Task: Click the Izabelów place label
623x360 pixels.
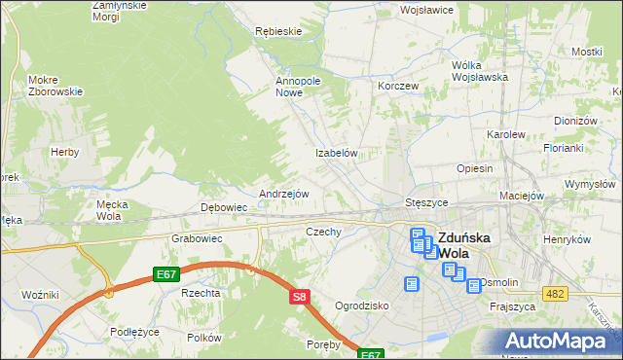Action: click(338, 154)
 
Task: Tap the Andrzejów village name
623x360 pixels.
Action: click(283, 194)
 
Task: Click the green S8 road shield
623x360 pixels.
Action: click(300, 296)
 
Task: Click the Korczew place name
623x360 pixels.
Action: click(398, 86)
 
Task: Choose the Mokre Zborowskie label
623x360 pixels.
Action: click(55, 85)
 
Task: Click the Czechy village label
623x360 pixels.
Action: click(323, 232)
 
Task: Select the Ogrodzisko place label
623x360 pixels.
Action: click(361, 306)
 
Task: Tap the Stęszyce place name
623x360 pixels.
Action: click(425, 202)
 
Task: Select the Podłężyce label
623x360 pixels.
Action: click(134, 331)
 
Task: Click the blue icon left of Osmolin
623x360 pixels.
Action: click(474, 286)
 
